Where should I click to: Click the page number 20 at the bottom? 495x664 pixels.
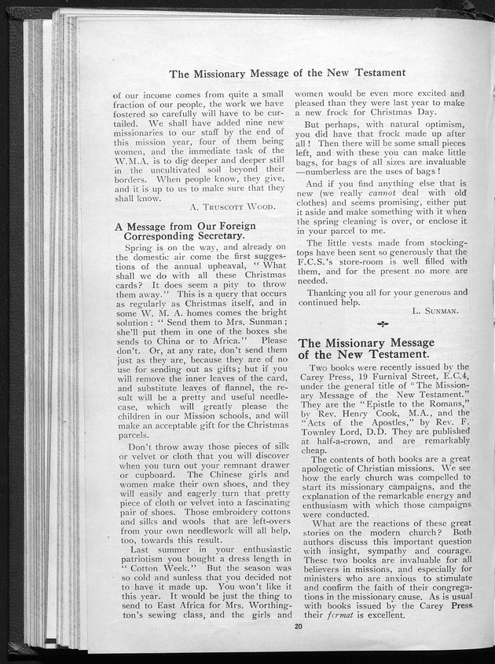point(298,626)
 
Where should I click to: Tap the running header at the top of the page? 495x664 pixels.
point(295,74)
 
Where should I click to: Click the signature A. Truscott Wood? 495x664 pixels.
point(232,206)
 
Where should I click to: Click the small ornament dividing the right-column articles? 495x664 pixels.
point(383,324)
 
